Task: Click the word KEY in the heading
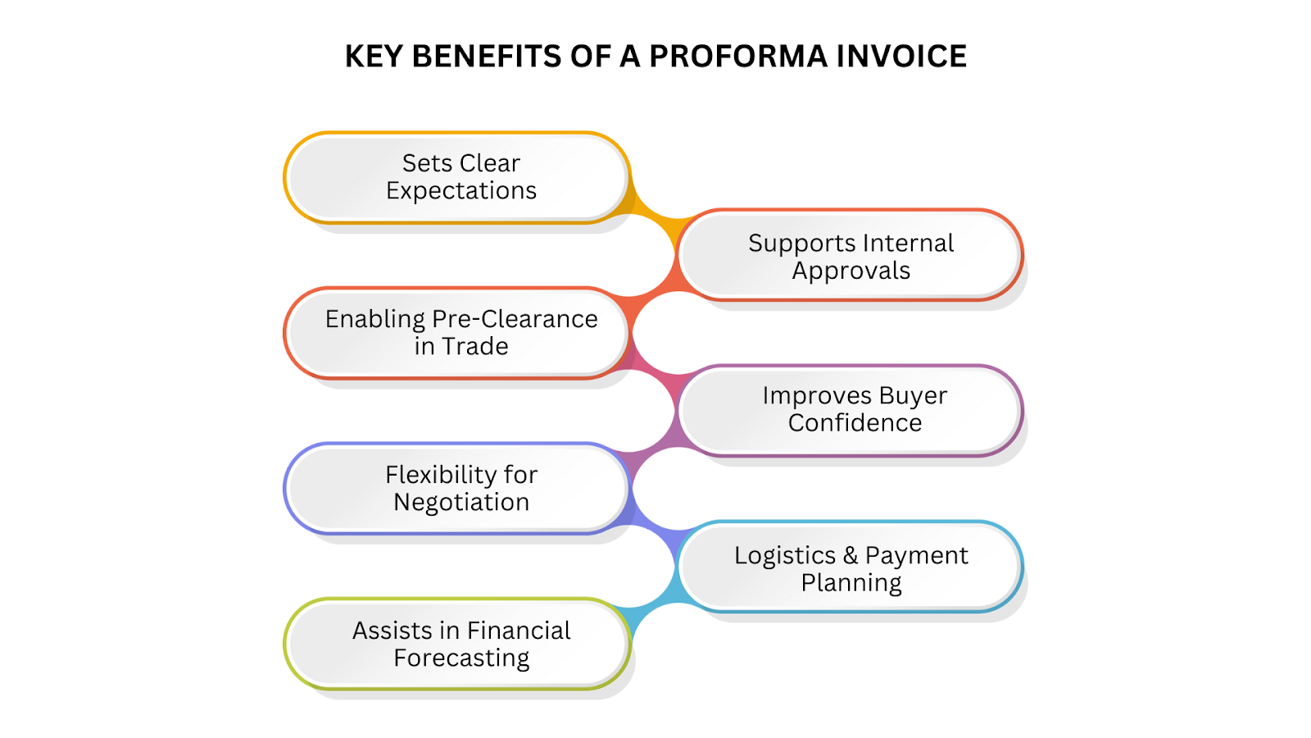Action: pos(374,57)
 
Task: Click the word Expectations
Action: pos(461,191)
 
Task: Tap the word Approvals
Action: pos(851,271)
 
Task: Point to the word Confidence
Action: pos(855,423)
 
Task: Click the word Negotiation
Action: pos(461,502)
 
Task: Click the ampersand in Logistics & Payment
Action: pos(851,555)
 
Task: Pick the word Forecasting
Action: pos(461,658)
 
